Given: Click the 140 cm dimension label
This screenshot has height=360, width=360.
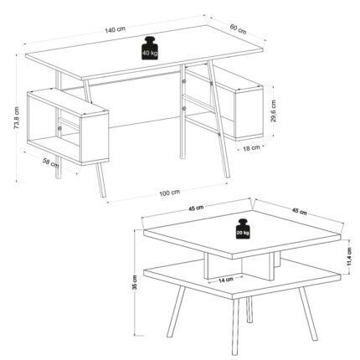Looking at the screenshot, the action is coord(115,29).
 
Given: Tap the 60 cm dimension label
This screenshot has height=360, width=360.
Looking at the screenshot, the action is coord(238,29).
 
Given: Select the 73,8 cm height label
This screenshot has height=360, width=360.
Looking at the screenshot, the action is coord(17,118).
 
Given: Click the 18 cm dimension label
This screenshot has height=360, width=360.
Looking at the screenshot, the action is coord(251,148).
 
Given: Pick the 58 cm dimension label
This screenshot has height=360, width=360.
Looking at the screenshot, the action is coord(51,162).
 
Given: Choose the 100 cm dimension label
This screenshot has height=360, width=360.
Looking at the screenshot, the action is coord(170,193).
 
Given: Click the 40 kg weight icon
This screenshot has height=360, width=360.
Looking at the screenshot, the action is coord(150,48).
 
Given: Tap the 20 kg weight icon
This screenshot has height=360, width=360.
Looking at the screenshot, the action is coord(243,229).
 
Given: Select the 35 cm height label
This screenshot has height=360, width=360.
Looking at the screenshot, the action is coord(135,282).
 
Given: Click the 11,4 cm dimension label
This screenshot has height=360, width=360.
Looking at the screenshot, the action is coord(350,257).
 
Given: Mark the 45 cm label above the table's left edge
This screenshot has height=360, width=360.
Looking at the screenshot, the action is coord(196,208).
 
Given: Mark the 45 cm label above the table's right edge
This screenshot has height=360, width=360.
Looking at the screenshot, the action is coord(299,211).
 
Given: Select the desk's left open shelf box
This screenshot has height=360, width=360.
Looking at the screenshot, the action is coord(68,127).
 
